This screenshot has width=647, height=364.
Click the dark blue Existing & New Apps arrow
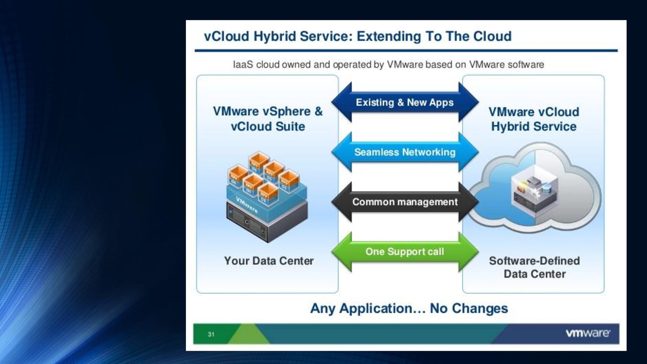[405, 102]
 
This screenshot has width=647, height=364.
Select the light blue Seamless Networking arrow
[405, 152]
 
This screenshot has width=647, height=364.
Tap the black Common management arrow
[405, 202]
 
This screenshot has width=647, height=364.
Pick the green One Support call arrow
[405, 252]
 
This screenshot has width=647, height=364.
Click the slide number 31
[211, 334]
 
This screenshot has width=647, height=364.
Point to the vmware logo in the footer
[588, 333]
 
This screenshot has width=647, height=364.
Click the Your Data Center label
[269, 261]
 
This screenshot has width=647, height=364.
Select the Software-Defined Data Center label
[534, 267]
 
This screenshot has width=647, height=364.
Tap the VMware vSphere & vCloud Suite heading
[268, 119]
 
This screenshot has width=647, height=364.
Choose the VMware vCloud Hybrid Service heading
[534, 119]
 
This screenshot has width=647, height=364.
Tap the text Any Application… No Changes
[409, 308]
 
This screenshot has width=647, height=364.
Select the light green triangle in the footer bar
[249, 334]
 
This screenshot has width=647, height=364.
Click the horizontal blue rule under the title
[406, 50]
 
